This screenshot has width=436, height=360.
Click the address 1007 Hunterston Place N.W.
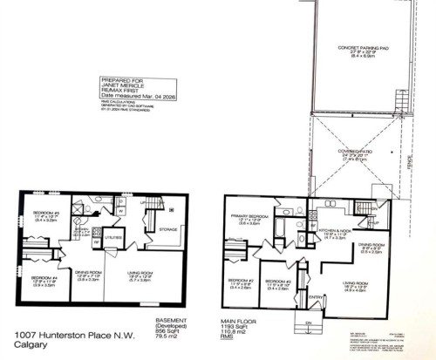click(63, 335)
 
